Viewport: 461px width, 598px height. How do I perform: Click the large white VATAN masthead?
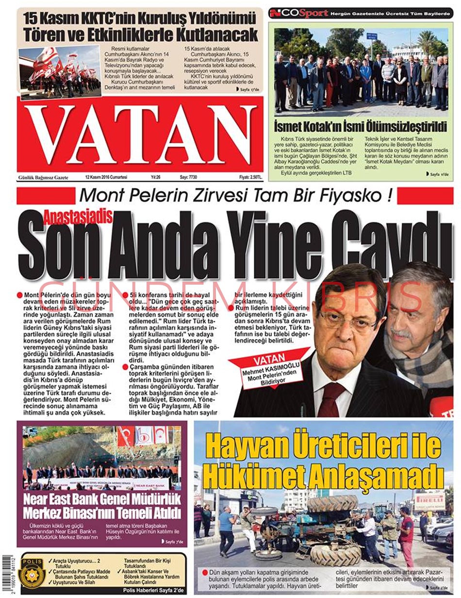[141, 134]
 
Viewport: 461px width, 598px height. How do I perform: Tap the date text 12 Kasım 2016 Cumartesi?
[106, 178]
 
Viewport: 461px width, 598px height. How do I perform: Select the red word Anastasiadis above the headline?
[78, 214]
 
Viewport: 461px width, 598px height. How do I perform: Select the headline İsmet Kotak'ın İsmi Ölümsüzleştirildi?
[360, 127]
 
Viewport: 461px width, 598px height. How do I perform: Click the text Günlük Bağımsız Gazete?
[43, 178]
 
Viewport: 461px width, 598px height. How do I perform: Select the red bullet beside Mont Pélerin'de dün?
[19, 295]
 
